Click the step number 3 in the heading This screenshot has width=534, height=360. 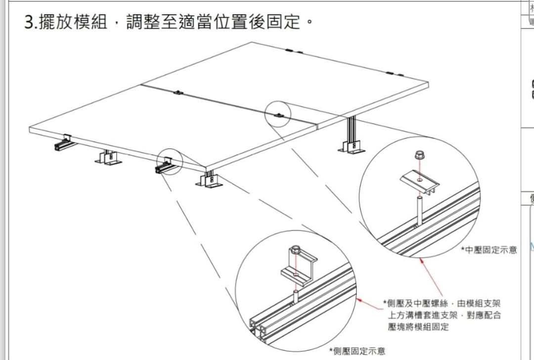(29, 22)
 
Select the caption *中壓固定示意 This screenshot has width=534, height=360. (489, 250)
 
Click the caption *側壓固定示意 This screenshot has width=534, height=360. (357, 351)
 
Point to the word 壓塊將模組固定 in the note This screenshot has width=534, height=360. (418, 327)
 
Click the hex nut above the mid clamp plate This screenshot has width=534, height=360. (419, 156)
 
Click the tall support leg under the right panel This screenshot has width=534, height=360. (353, 134)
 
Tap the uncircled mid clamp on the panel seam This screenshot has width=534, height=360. (178, 92)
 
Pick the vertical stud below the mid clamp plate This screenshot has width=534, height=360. (420, 210)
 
